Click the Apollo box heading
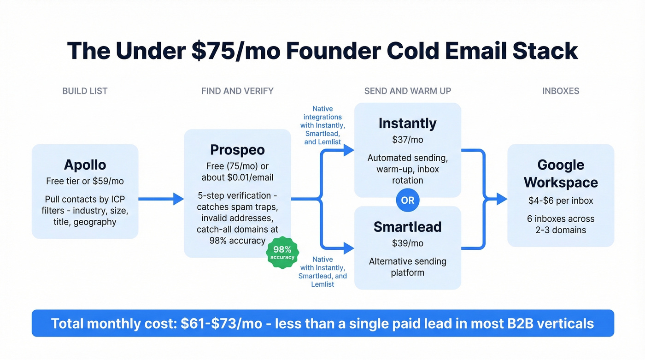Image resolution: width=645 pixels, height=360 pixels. pyautogui.click(x=85, y=165)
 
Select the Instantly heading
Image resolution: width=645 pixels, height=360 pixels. pyautogui.click(x=407, y=124)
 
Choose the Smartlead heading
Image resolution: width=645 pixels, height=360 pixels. pyautogui.click(x=407, y=227)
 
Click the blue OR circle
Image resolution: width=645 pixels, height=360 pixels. pyautogui.click(x=408, y=201)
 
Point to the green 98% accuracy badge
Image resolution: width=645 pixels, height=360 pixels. pyautogui.click(x=282, y=253)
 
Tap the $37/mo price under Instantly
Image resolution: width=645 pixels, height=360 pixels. pyautogui.click(x=407, y=139)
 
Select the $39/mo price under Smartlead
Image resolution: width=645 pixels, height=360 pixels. pyautogui.click(x=407, y=243)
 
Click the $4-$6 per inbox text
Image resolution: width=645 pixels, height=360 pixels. pyautogui.click(x=561, y=201)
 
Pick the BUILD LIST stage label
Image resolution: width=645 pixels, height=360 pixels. pyautogui.click(x=85, y=91)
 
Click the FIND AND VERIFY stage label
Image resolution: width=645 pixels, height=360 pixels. pyautogui.click(x=237, y=91)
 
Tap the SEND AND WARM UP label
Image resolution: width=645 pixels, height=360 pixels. pyautogui.click(x=408, y=91)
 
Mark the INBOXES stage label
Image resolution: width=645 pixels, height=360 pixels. pyautogui.click(x=561, y=91)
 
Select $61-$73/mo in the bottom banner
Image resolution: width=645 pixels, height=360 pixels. pyautogui.click(x=223, y=323)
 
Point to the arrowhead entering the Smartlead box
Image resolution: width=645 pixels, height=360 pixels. pyautogui.click(x=348, y=248)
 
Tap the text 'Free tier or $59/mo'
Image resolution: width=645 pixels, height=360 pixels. pyautogui.click(x=85, y=181)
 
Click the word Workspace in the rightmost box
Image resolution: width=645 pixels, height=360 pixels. pyautogui.click(x=561, y=183)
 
